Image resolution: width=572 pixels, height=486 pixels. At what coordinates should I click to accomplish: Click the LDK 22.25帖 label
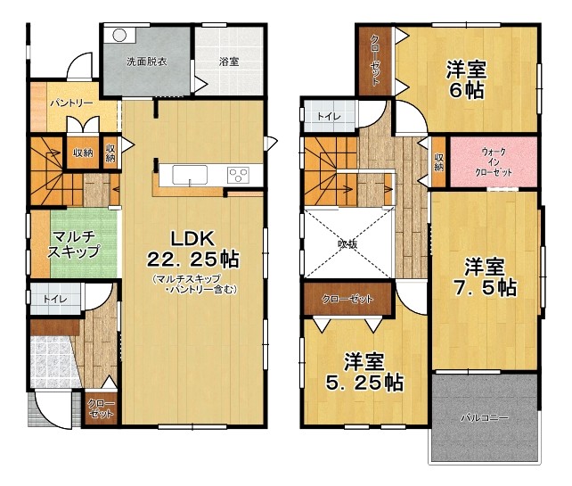click(192, 250)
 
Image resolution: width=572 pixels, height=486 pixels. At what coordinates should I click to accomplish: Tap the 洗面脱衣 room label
click(147, 62)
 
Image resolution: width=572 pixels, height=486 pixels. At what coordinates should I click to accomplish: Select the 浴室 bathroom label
click(229, 62)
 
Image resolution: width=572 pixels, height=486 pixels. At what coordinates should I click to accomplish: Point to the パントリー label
click(71, 103)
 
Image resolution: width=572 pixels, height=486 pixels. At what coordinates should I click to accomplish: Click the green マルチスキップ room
click(84, 243)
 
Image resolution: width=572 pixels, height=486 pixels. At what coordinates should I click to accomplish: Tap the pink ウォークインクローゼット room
click(494, 161)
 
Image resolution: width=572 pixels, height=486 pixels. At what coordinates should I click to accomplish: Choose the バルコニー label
click(485, 417)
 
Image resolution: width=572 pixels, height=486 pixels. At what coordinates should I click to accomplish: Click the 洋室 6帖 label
click(467, 80)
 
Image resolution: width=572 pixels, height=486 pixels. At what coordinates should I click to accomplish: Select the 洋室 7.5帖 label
click(485, 276)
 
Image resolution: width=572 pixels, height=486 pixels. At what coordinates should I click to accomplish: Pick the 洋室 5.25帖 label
click(364, 372)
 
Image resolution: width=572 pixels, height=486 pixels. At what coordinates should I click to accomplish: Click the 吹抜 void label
click(347, 244)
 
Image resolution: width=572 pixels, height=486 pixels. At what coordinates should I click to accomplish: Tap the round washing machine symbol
click(118, 36)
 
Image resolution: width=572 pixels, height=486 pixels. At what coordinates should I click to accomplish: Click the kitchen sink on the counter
click(190, 175)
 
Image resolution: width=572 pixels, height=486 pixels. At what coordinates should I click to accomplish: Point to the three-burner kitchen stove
click(238, 175)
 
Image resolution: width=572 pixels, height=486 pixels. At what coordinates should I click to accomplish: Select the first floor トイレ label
click(55, 300)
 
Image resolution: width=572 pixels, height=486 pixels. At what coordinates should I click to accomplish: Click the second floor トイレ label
click(329, 117)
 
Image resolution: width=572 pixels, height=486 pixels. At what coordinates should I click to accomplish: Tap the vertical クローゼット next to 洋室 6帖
click(376, 61)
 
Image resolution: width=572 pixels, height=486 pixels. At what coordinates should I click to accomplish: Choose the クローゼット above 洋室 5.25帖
click(347, 299)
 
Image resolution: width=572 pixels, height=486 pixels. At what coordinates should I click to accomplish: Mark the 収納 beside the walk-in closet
click(439, 161)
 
